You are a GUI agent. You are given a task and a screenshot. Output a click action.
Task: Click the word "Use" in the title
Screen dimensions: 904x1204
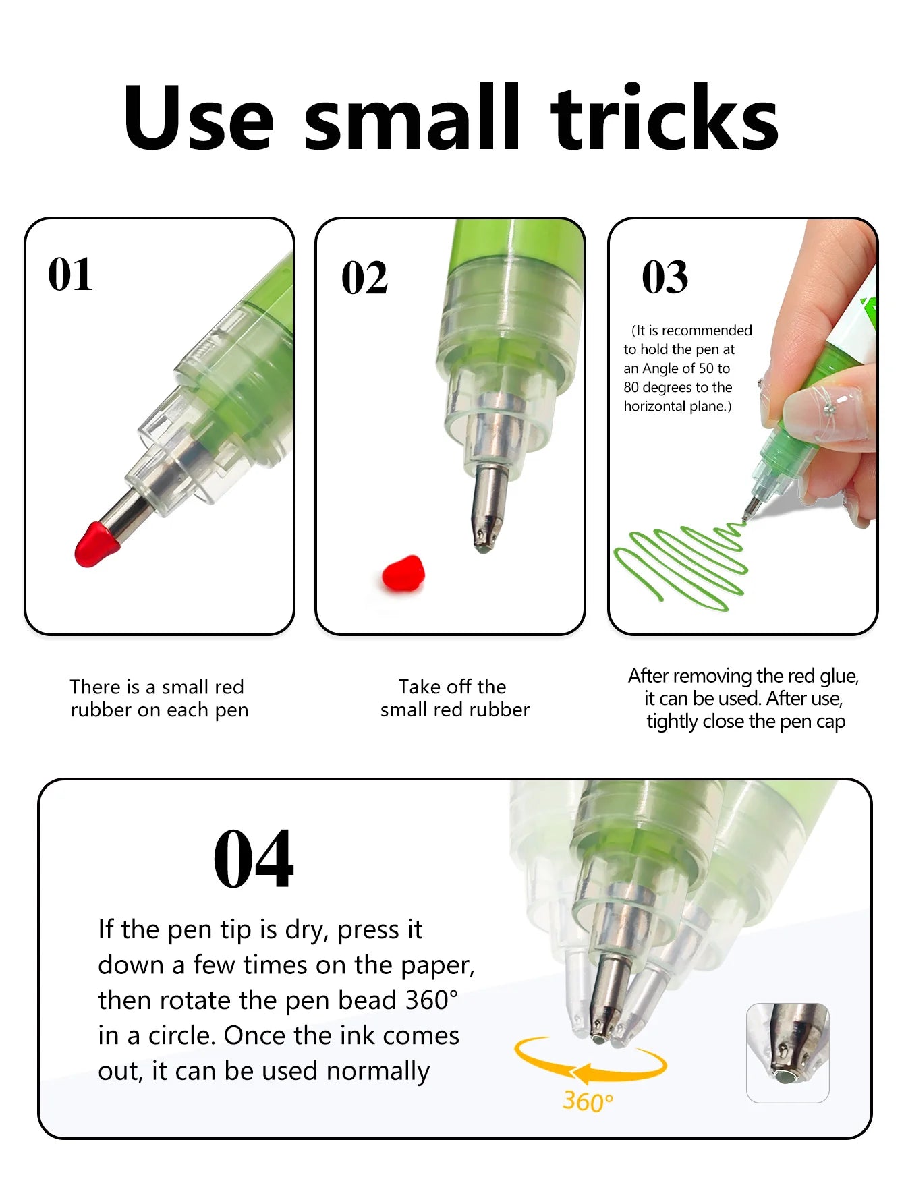point(199,117)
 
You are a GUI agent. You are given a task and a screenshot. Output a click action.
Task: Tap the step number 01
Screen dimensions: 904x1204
point(70,275)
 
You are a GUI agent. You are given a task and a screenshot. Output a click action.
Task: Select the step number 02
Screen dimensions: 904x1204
point(364,278)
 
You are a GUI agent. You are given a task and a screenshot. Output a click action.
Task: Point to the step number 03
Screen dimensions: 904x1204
point(665,277)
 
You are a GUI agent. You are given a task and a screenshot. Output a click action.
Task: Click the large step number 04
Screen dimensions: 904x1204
point(254,859)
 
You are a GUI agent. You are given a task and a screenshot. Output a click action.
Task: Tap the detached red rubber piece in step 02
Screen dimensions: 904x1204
point(403,574)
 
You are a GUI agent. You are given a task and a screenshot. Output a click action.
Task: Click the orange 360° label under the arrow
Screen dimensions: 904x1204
point(588,1101)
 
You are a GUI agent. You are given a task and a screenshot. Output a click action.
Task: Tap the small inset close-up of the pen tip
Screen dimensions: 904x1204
point(787,1052)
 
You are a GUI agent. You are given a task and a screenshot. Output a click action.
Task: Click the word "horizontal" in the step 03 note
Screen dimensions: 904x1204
point(654,406)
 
